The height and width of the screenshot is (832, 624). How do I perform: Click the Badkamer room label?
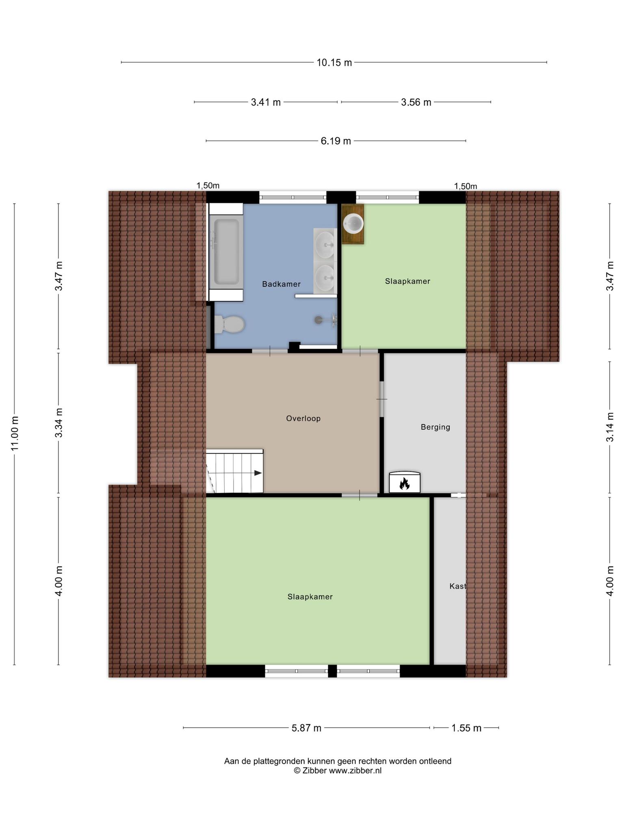tap(281, 284)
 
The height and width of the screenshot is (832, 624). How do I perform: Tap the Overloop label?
tap(303, 418)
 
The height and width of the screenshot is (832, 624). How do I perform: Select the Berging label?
tap(435, 427)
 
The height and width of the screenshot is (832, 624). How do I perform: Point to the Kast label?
tap(458, 586)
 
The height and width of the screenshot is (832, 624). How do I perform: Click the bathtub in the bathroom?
tap(226, 252)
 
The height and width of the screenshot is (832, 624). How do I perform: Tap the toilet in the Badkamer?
tap(229, 324)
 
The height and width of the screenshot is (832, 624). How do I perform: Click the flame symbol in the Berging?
tap(404, 483)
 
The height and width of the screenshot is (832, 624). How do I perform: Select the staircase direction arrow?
tap(258, 473)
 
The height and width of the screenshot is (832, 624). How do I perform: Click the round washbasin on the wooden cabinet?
tap(353, 223)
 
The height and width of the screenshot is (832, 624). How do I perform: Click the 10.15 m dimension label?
tap(334, 63)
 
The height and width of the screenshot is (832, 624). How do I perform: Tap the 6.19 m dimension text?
tap(336, 141)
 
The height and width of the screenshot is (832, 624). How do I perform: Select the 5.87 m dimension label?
tap(307, 728)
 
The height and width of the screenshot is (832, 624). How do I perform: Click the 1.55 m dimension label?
tap(466, 728)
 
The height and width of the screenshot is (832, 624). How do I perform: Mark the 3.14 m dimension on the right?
tap(610, 427)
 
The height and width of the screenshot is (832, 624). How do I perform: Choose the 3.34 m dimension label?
tap(59, 422)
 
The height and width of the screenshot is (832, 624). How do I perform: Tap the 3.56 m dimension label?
tap(416, 102)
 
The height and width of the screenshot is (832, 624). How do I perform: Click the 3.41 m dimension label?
tap(266, 102)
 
